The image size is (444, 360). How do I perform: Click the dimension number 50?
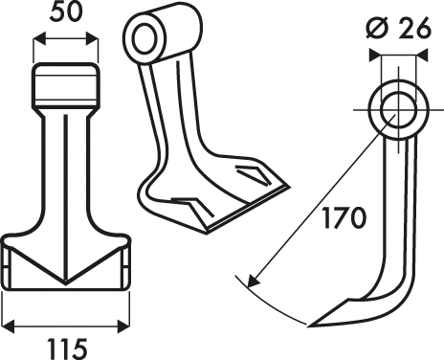(66, 13)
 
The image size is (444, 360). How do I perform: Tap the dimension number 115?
(67, 349)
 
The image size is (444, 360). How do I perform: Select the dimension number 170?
(344, 218)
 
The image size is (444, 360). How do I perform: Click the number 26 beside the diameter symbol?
(414, 28)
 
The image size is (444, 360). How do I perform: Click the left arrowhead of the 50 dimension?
(39, 39)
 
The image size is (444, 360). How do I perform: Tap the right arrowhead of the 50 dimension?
(92, 39)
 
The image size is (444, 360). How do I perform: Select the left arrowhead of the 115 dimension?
(9, 326)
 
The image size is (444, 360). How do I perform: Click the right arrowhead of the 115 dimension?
(123, 326)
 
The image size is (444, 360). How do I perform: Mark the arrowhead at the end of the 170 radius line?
(253, 281)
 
